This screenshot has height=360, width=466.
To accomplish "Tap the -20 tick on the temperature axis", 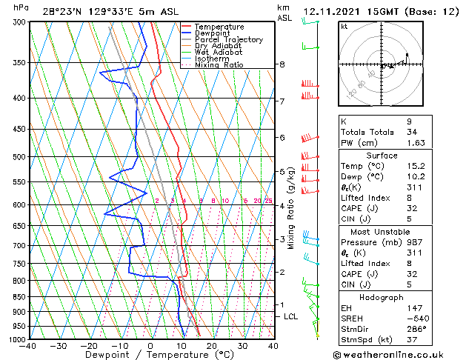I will pyautogui.click(x=88, y=346).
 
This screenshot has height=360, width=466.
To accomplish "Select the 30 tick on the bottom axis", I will pyautogui.click(x=242, y=346).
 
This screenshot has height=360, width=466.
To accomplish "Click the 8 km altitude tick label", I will pyautogui.click(x=282, y=64).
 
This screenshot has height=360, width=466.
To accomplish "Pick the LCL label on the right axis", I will pyautogui.click(x=291, y=316).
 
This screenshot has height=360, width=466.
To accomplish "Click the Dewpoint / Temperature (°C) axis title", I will pyautogui.click(x=150, y=355).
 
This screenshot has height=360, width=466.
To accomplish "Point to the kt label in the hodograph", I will pyautogui.click(x=344, y=26).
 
